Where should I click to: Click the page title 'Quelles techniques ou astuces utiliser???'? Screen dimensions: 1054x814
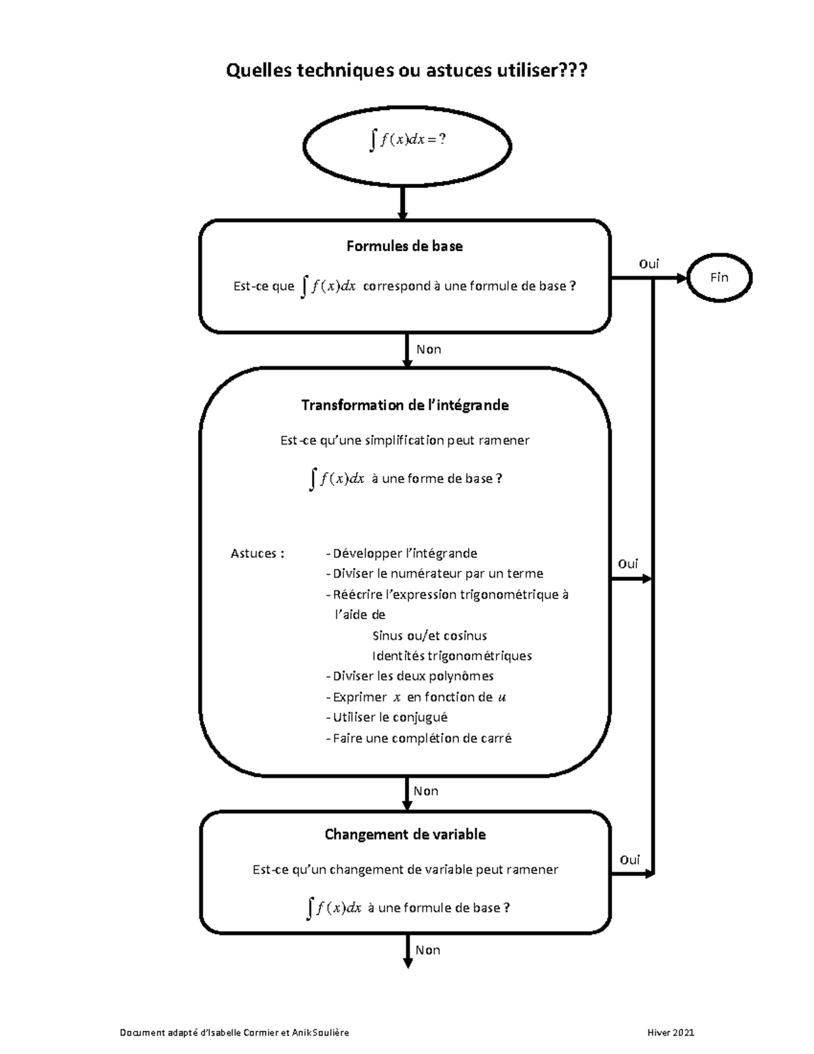click(406, 70)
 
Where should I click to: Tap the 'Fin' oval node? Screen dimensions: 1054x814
click(719, 277)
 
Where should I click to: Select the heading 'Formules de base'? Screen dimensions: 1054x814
click(404, 246)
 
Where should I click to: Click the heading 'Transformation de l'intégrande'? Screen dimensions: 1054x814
click(405, 405)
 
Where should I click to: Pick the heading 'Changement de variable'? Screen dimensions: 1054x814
click(405, 834)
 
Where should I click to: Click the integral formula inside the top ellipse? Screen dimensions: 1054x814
click(407, 140)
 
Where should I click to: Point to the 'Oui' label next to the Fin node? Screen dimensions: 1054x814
click(648, 264)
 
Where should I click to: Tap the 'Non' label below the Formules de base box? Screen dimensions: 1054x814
click(429, 350)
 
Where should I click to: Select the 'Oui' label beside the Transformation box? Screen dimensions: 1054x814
click(627, 564)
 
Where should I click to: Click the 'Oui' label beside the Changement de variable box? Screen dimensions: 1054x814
click(629, 860)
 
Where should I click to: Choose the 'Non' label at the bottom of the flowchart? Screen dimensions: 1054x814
click(428, 950)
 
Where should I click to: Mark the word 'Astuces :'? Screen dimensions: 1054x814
click(257, 553)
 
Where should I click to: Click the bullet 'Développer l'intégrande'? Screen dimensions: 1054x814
click(402, 553)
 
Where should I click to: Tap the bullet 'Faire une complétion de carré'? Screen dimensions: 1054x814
click(419, 738)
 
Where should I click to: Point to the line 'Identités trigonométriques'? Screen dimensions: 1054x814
click(452, 656)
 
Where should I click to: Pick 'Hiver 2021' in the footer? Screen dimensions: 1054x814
click(671, 1033)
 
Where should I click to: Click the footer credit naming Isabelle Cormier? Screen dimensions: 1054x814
click(234, 1033)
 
